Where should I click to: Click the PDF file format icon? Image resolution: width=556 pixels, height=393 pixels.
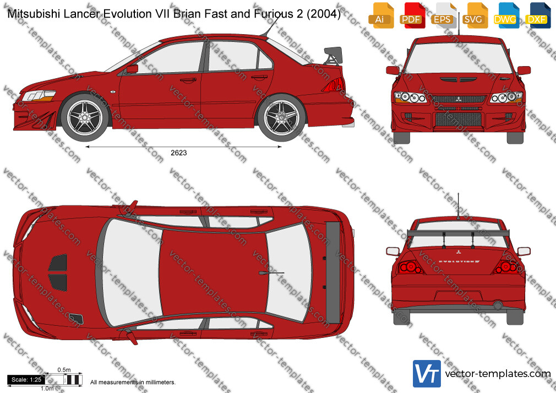click(x=411, y=15)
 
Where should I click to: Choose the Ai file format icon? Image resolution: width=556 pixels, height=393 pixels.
click(x=380, y=15)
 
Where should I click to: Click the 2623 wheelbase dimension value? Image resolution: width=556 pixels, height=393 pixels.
click(x=179, y=153)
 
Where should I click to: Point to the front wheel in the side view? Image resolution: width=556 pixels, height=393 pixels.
click(x=85, y=116)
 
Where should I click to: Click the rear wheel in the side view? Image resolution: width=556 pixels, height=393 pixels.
click(x=281, y=117)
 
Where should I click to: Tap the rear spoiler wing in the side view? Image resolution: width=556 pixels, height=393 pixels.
click(x=333, y=56)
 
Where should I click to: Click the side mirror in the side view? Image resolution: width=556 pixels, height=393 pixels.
click(x=132, y=69)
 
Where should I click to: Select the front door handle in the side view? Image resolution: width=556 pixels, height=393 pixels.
click(x=188, y=80)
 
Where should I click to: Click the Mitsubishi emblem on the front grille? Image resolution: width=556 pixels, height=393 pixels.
click(x=459, y=99)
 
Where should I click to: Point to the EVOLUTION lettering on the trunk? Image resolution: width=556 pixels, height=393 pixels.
click(x=459, y=261)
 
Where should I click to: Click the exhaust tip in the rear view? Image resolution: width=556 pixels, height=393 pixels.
click(x=497, y=305)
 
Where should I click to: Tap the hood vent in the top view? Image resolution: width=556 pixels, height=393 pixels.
click(x=58, y=272)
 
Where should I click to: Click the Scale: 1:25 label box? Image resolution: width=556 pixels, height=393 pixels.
click(x=26, y=380)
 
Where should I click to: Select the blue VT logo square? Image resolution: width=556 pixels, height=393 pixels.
click(x=427, y=374)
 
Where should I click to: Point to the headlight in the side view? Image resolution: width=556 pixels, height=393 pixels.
click(x=39, y=96)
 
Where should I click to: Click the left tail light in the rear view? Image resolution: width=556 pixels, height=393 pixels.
click(x=410, y=267)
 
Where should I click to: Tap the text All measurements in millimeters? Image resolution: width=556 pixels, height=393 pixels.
click(x=133, y=383)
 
